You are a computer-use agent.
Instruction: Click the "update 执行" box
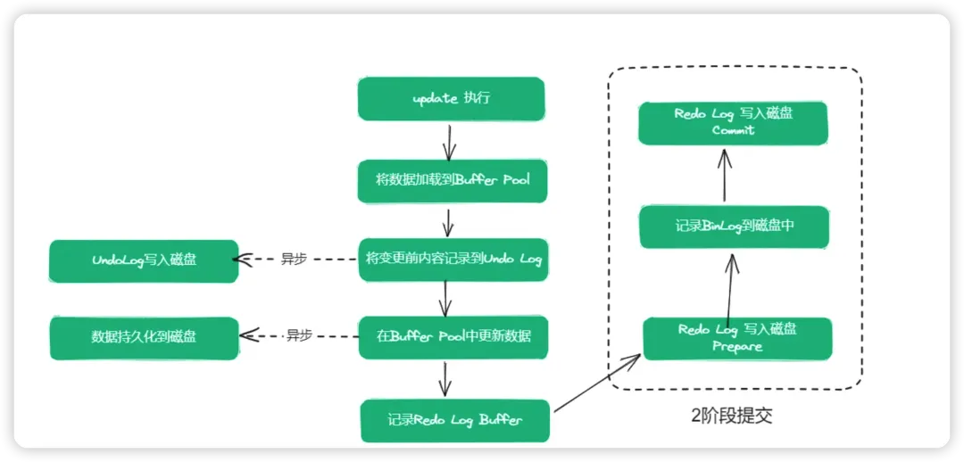[x=451, y=98]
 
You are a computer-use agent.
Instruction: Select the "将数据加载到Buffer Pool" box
[x=453, y=181]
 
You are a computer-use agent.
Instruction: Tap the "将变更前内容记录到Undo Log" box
[x=453, y=260]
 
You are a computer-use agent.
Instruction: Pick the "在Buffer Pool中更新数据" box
[x=454, y=337]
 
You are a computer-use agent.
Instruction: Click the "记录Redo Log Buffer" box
[x=455, y=420]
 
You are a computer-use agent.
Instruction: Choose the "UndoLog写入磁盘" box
[x=145, y=260]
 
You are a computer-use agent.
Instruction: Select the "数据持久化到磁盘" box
[x=145, y=338]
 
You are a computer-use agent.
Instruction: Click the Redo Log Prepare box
[x=737, y=338]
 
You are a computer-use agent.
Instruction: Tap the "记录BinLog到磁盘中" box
[x=735, y=227]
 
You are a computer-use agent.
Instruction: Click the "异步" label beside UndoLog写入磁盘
[x=294, y=260]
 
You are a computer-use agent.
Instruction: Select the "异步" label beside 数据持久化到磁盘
[x=298, y=336]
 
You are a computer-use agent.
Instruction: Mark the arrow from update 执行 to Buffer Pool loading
[x=449, y=140]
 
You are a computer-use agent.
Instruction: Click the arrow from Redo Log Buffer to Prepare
[x=596, y=384]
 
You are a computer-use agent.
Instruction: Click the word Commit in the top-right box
[x=734, y=131]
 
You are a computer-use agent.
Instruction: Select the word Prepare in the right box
[x=737, y=347]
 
